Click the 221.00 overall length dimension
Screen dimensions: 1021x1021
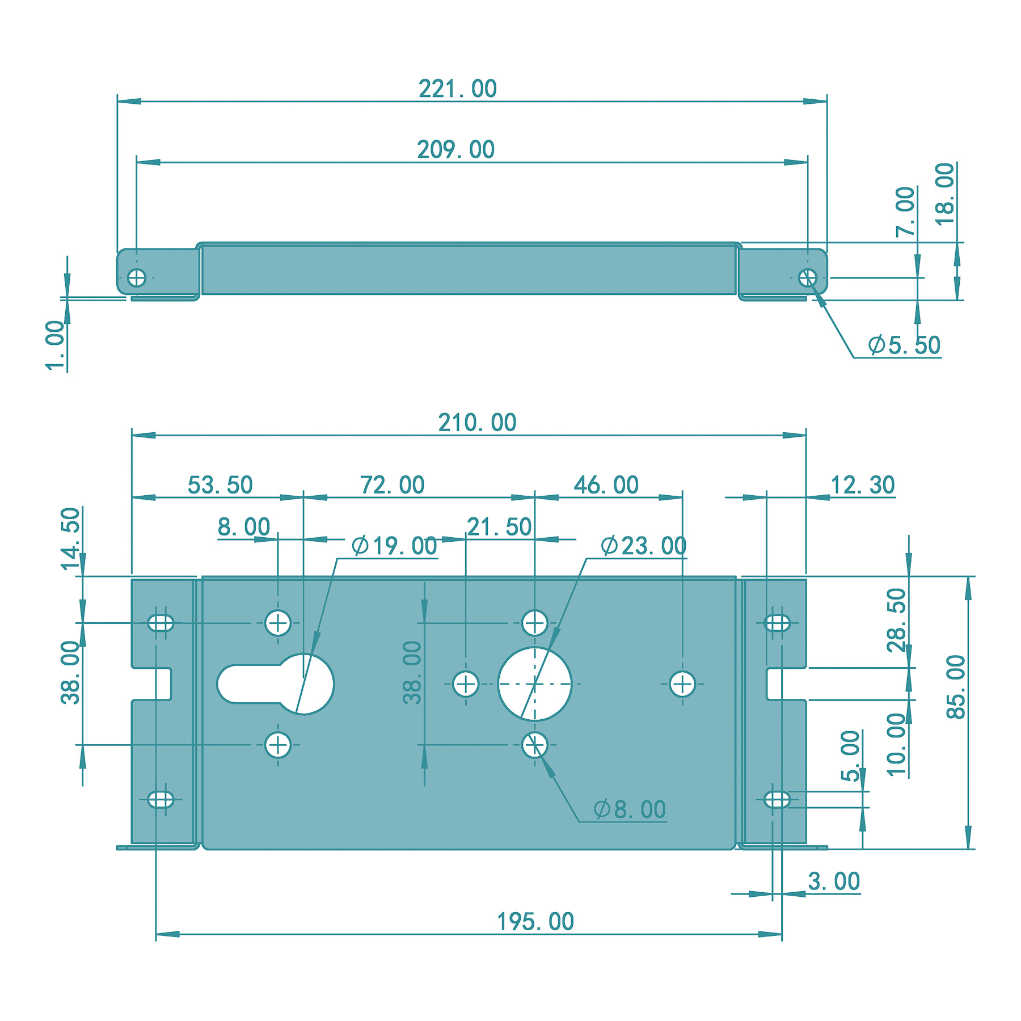[458, 89]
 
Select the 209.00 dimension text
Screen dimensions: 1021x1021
[456, 150]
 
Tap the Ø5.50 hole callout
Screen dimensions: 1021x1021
[904, 345]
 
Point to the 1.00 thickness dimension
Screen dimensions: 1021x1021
[56, 345]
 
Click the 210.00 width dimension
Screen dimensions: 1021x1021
[477, 423]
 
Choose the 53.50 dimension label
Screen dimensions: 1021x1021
[220, 485]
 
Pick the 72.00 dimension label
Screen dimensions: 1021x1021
[393, 485]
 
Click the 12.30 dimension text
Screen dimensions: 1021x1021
[862, 485]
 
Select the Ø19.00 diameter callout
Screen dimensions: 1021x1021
[394, 546]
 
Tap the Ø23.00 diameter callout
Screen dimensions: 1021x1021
[643, 546]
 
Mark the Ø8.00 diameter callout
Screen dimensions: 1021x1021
[630, 809]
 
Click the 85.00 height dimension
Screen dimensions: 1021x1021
[956, 687]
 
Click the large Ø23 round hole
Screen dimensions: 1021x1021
[535, 684]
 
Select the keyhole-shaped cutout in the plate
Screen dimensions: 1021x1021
[275, 684]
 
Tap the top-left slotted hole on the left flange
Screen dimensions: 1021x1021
[161, 623]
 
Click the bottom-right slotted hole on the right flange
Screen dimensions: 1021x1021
[777, 800]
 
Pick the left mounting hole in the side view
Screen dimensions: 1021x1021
[137, 278]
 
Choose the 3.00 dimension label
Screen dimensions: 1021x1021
[834, 881]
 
